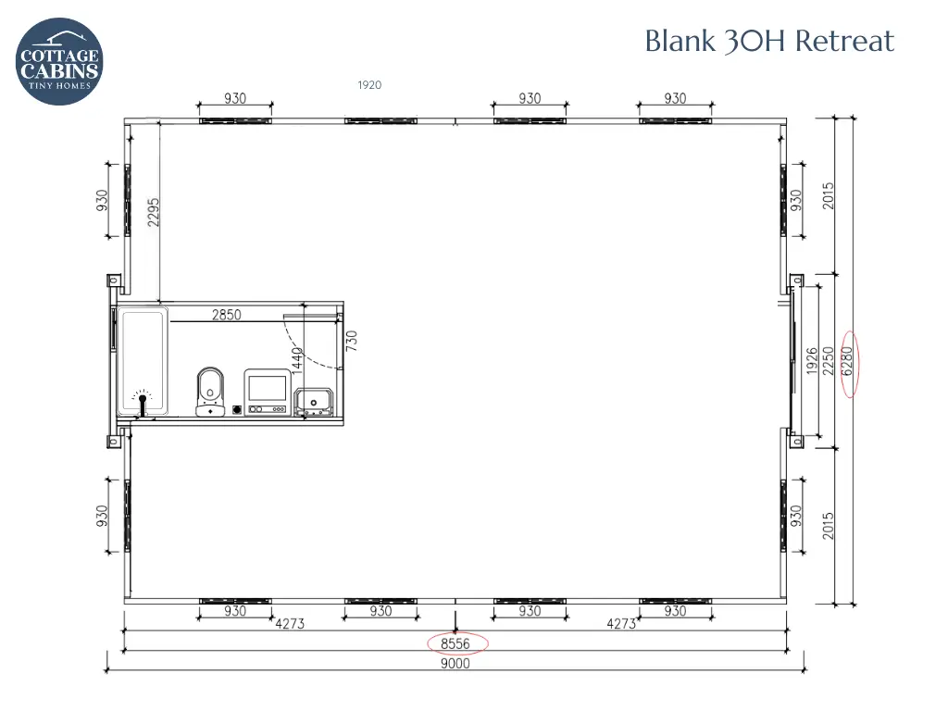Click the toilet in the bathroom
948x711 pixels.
coord(210,391)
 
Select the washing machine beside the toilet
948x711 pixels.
coord(267,392)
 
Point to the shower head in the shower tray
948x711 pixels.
coord(142,400)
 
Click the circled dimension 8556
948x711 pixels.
coord(456,643)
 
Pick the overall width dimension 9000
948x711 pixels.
coord(455,663)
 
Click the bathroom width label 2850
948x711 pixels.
coord(227,315)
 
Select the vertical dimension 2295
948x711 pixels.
coord(154,212)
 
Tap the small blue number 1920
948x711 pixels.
coord(369,85)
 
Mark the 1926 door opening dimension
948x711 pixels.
coord(812,360)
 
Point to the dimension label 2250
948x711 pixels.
coord(829,360)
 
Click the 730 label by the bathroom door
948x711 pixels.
coord(352,341)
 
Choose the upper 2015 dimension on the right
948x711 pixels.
coord(829,195)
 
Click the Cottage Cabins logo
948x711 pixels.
coord(59,61)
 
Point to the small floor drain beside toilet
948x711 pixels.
coord(237,408)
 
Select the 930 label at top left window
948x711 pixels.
coord(235,98)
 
